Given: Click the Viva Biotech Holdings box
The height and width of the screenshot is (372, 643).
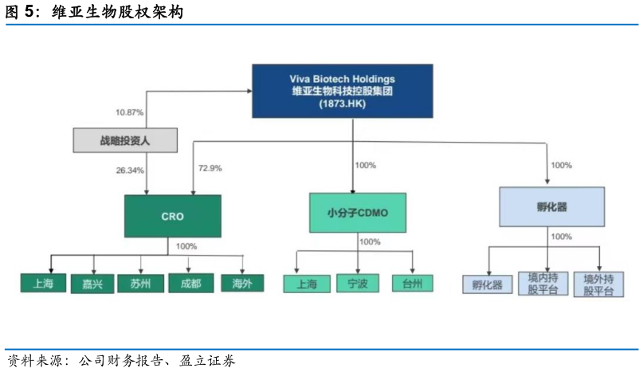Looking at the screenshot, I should click(x=343, y=91).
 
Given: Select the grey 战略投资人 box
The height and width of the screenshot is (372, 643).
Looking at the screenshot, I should click(x=125, y=140).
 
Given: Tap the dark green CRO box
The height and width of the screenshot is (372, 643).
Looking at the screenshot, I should click(x=172, y=215).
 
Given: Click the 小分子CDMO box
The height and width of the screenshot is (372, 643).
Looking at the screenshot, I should click(x=357, y=213).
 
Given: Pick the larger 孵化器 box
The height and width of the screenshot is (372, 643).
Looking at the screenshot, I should click(x=551, y=207).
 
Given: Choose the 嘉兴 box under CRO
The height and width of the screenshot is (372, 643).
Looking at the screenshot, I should click(x=93, y=283).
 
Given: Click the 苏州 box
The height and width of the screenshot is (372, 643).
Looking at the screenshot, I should click(x=140, y=283).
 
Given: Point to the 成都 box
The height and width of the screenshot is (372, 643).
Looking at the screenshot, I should click(x=190, y=283).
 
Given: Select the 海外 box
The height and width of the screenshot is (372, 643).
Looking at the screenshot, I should click(x=241, y=283).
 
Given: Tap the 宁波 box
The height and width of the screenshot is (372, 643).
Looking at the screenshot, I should click(x=357, y=284).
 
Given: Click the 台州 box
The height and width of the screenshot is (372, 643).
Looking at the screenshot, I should click(x=412, y=284).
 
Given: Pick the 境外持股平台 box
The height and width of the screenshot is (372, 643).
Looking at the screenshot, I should click(x=599, y=284).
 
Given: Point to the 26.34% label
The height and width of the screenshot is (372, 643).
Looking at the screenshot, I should click(x=130, y=170).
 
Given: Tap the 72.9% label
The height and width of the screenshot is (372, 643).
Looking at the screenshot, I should click(x=210, y=168).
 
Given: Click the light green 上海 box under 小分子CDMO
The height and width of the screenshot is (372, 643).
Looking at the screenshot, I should click(x=307, y=284).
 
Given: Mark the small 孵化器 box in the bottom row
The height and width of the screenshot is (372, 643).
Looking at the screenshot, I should click(x=487, y=284).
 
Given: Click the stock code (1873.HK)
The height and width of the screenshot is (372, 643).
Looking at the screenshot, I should click(x=343, y=104).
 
